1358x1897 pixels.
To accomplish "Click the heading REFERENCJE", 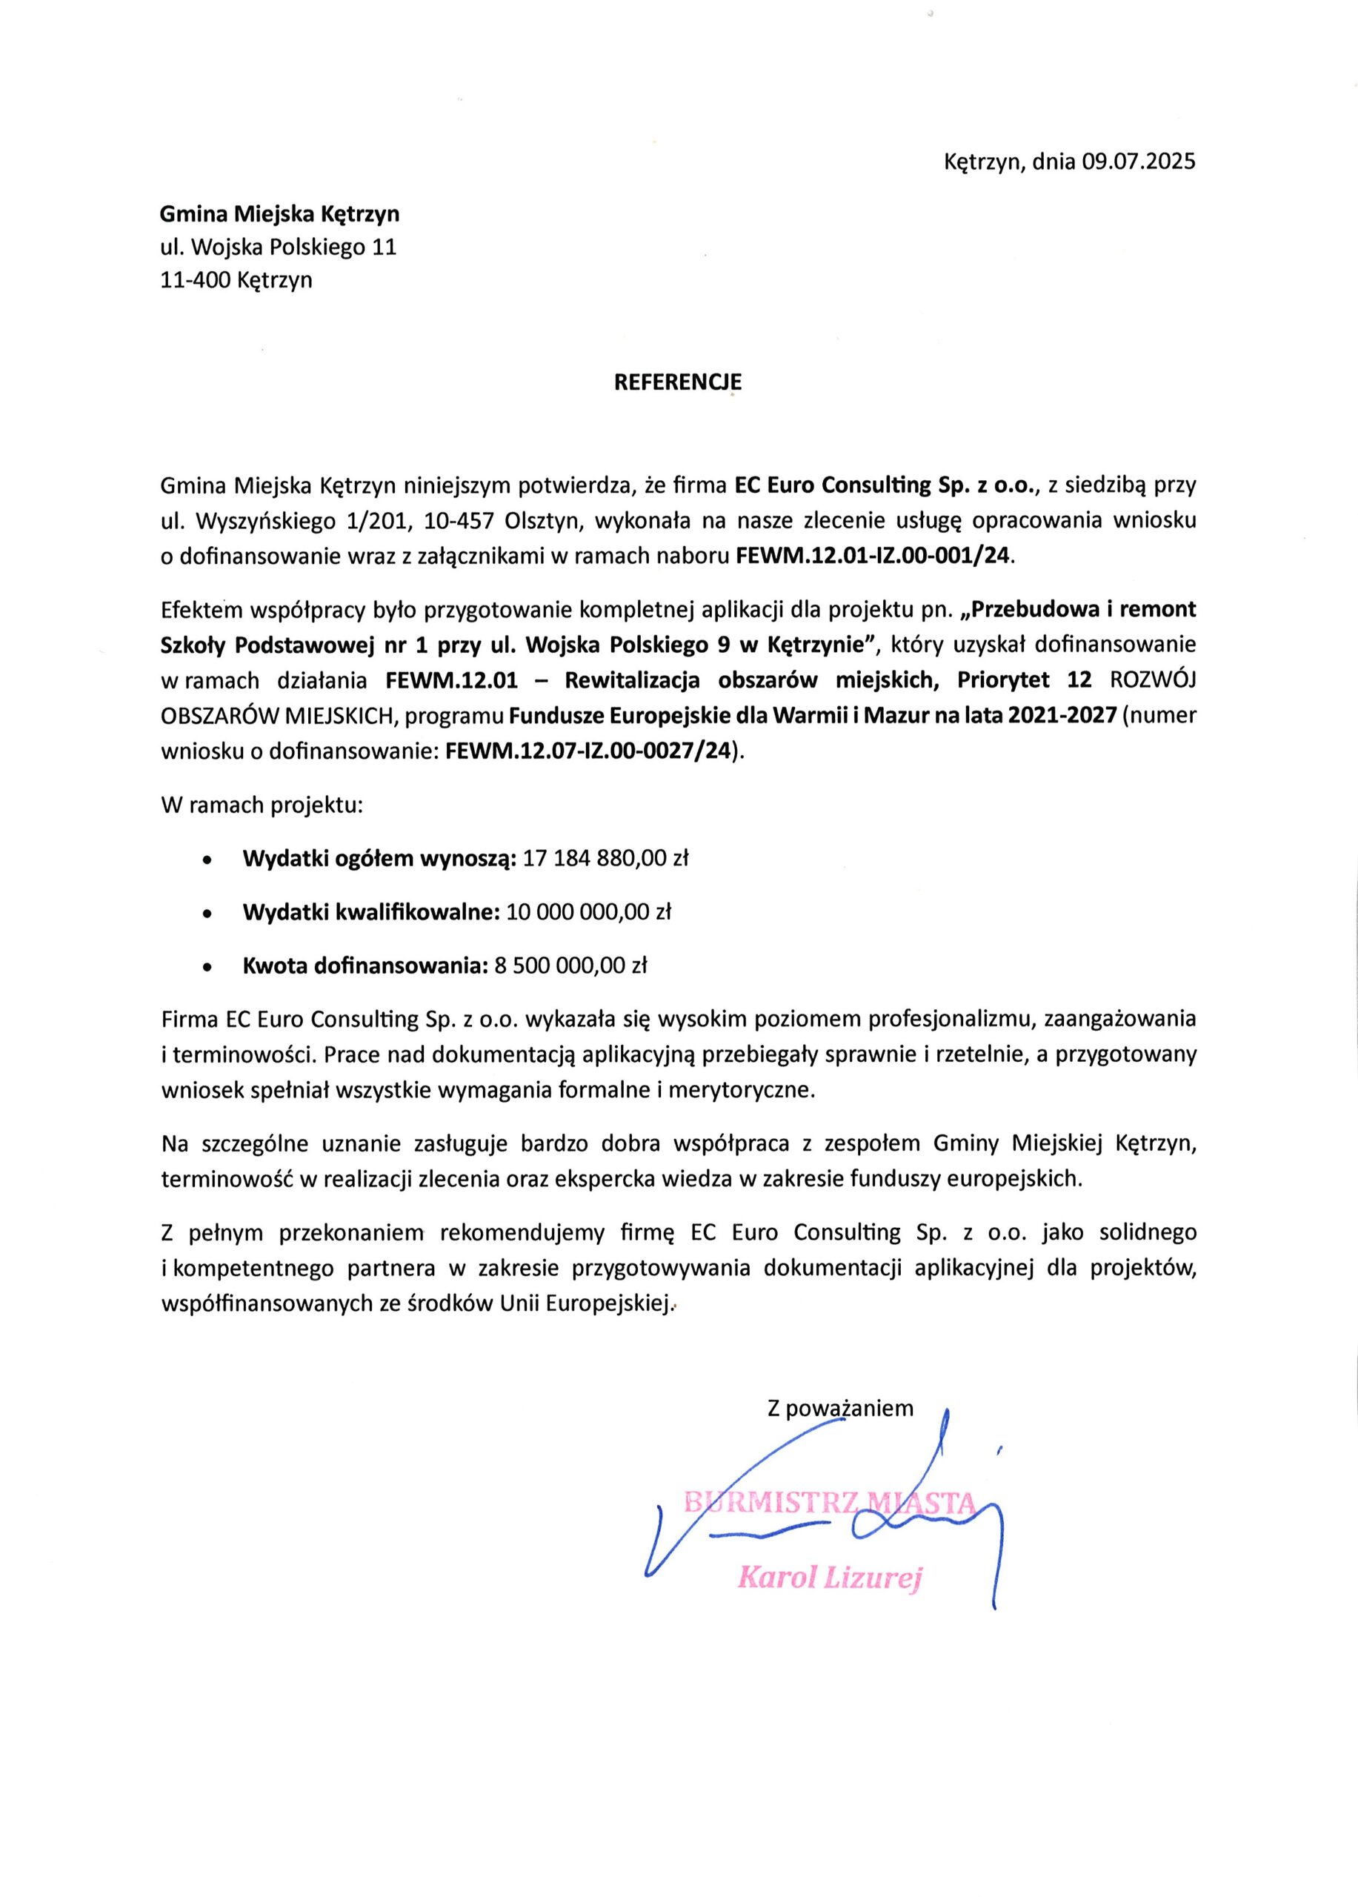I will pyautogui.click(x=677, y=382).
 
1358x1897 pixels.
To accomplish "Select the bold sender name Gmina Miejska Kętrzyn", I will pyautogui.click(x=279, y=214).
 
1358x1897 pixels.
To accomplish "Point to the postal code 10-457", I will pyautogui.click(x=459, y=520).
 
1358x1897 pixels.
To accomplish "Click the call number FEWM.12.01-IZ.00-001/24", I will pyautogui.click(x=873, y=557).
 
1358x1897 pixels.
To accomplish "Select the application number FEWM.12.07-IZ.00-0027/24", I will pyautogui.click(x=589, y=751).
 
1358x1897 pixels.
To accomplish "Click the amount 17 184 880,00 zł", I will pyautogui.click(x=605, y=858).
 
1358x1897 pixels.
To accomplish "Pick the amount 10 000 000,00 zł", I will pyautogui.click(x=589, y=911).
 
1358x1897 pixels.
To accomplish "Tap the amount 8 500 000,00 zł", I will pyautogui.click(x=571, y=966).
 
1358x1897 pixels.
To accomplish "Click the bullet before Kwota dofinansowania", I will pyautogui.click(x=207, y=968).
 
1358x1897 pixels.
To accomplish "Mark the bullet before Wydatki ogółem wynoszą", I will pyautogui.click(x=207, y=860).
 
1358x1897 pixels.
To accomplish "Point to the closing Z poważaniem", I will pyautogui.click(x=840, y=1409).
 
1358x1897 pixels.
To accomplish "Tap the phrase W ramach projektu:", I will pyautogui.click(x=262, y=805).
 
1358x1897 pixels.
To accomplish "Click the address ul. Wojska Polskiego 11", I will pyautogui.click(x=279, y=247).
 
